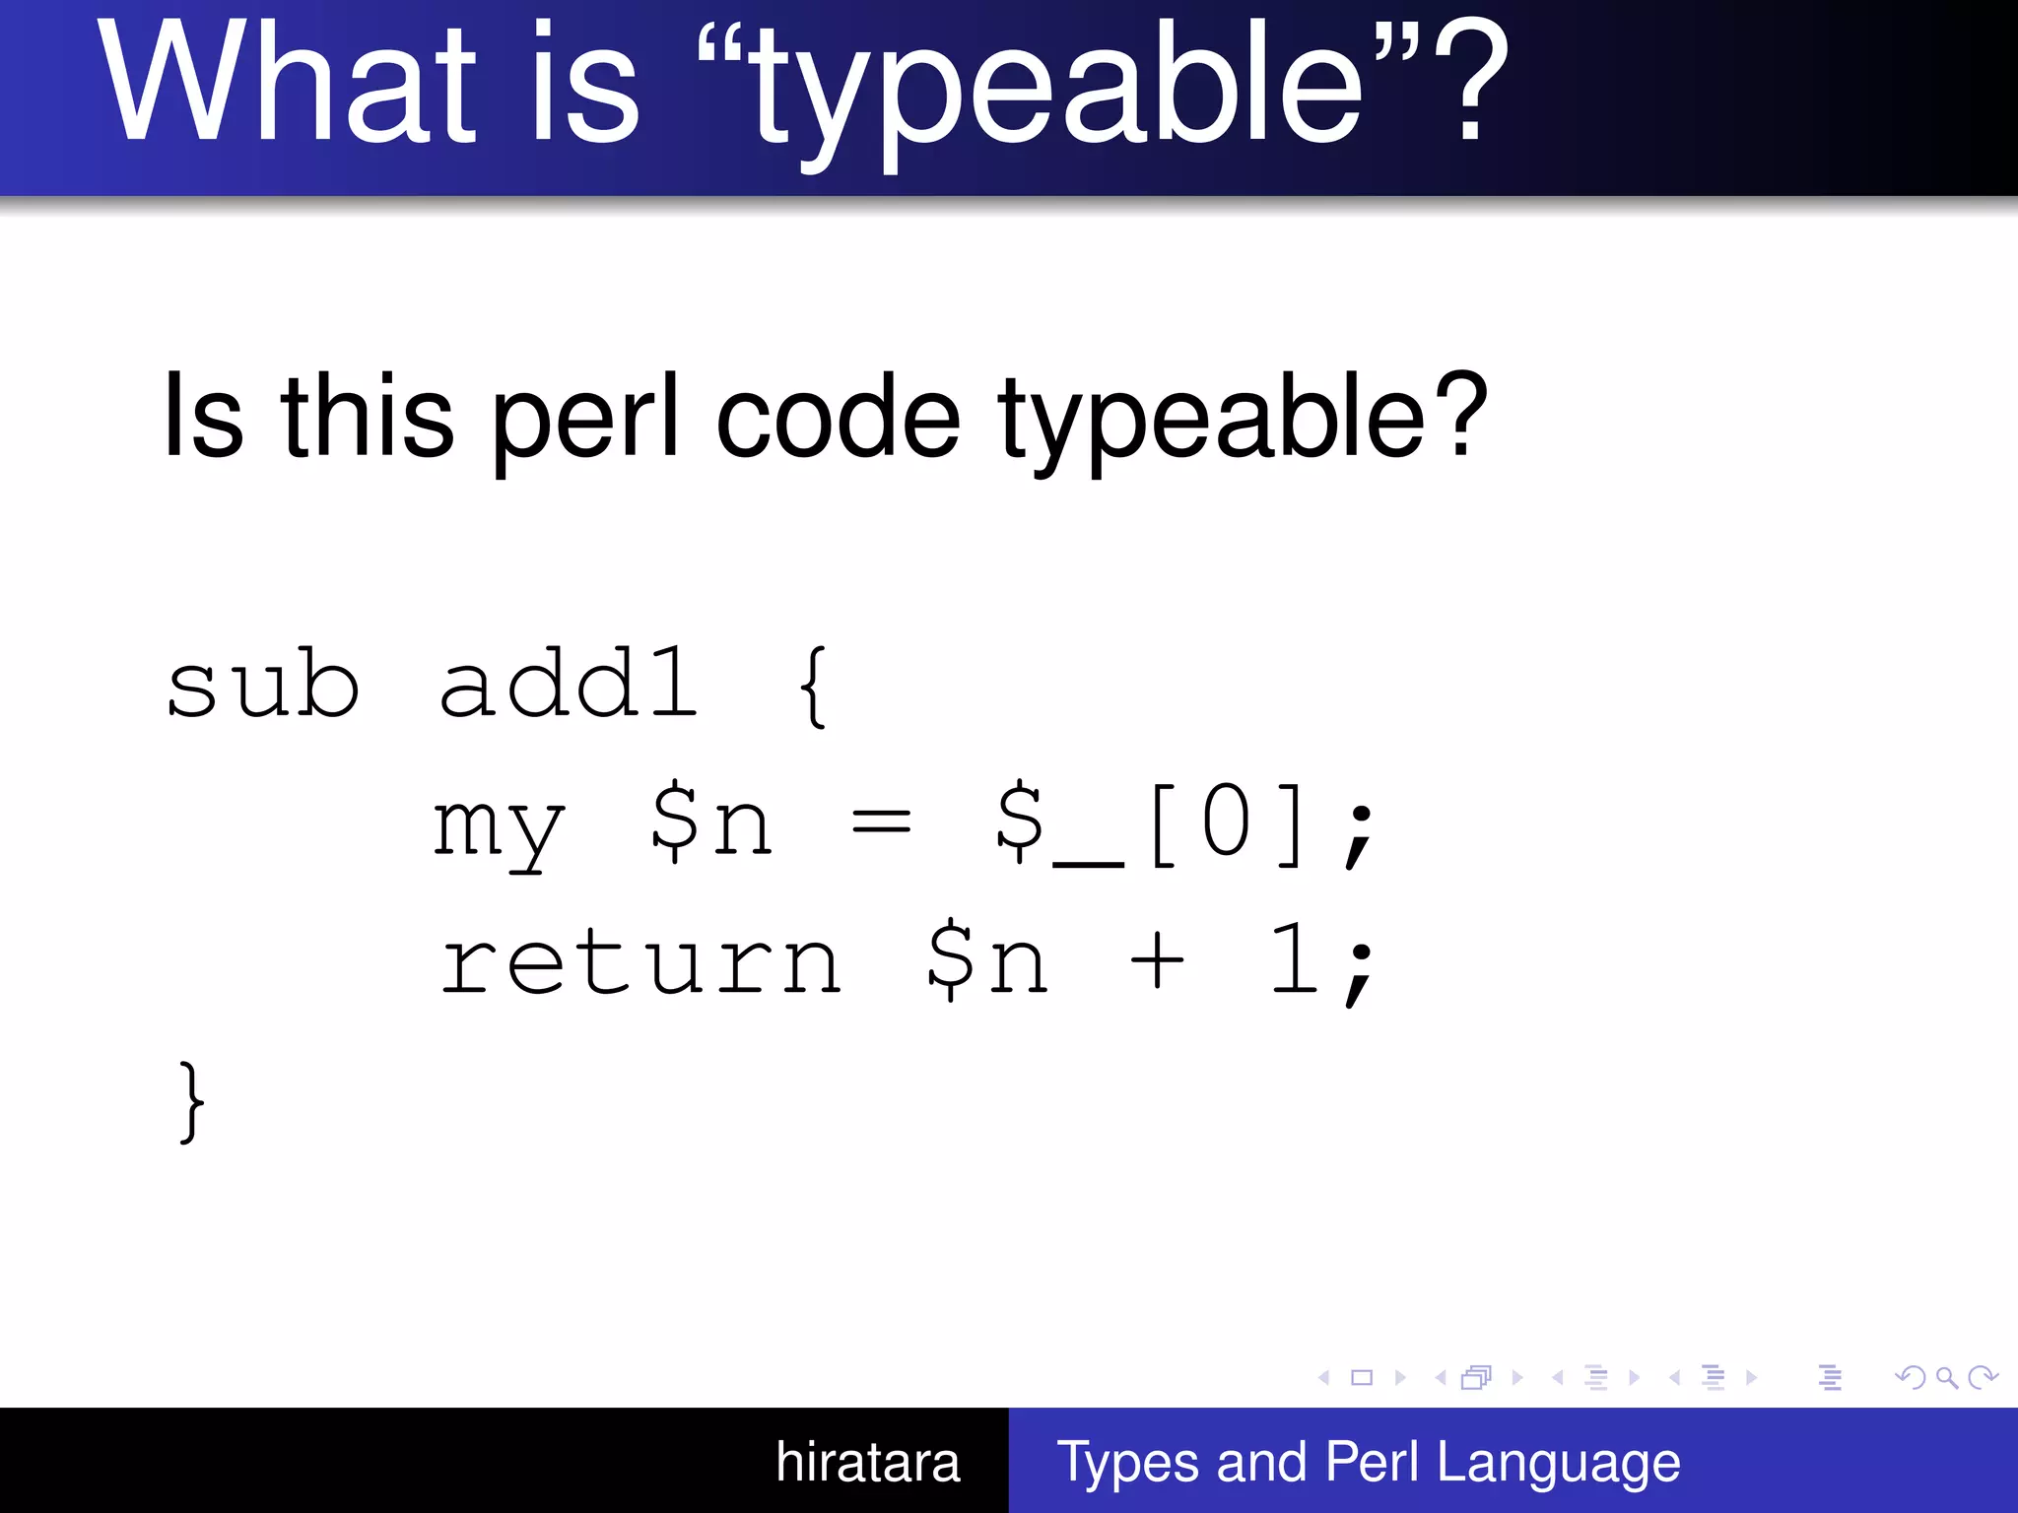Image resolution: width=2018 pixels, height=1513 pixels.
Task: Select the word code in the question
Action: click(x=838, y=419)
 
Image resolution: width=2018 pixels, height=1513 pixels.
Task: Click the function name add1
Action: click(x=569, y=685)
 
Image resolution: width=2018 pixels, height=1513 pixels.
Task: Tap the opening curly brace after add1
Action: click(x=814, y=687)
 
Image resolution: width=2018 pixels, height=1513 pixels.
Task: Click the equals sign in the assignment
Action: click(x=881, y=822)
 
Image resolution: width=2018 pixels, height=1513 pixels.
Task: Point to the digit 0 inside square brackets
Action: click(x=1227, y=822)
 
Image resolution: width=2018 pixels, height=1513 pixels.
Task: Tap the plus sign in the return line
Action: click(x=1157, y=960)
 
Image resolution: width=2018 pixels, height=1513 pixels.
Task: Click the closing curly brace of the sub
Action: click(x=192, y=1101)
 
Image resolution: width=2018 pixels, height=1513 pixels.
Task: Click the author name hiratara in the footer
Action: click(x=867, y=1462)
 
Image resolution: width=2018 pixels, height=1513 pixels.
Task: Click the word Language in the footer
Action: click(x=1558, y=1462)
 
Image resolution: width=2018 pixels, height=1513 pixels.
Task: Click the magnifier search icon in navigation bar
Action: click(x=1946, y=1377)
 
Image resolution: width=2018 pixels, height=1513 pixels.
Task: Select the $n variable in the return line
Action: click(x=987, y=960)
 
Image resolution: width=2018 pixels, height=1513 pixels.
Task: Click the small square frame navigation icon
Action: click(x=1362, y=1377)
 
